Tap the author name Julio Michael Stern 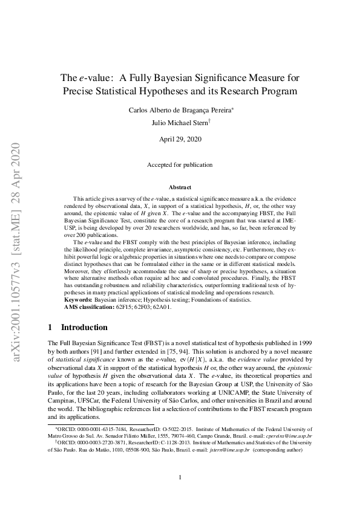point(179,122)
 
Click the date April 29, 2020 point(180,139)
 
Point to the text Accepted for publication point(180,164)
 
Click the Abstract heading point(180,187)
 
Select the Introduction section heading point(84,327)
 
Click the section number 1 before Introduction point(50,327)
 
